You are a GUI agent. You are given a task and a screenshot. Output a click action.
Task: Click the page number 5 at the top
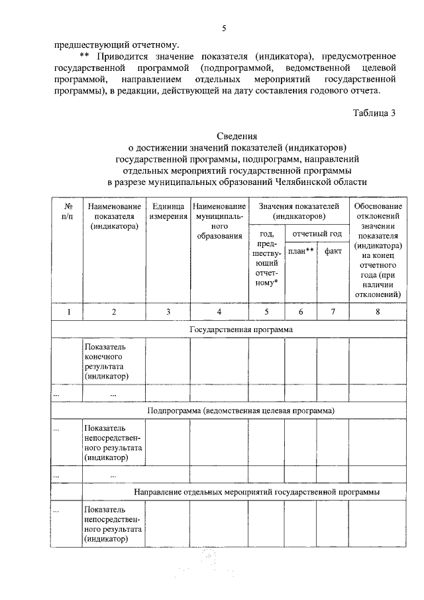(x=225, y=28)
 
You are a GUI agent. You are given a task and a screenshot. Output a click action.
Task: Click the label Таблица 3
(x=374, y=112)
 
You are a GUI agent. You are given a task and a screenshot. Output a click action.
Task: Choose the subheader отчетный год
(x=317, y=233)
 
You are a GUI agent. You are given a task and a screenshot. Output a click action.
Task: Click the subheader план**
(x=301, y=251)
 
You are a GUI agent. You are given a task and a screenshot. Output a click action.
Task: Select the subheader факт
(x=333, y=251)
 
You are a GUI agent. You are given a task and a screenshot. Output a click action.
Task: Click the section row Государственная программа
(x=240, y=329)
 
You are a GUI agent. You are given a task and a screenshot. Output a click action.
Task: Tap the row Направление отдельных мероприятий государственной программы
(x=256, y=492)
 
